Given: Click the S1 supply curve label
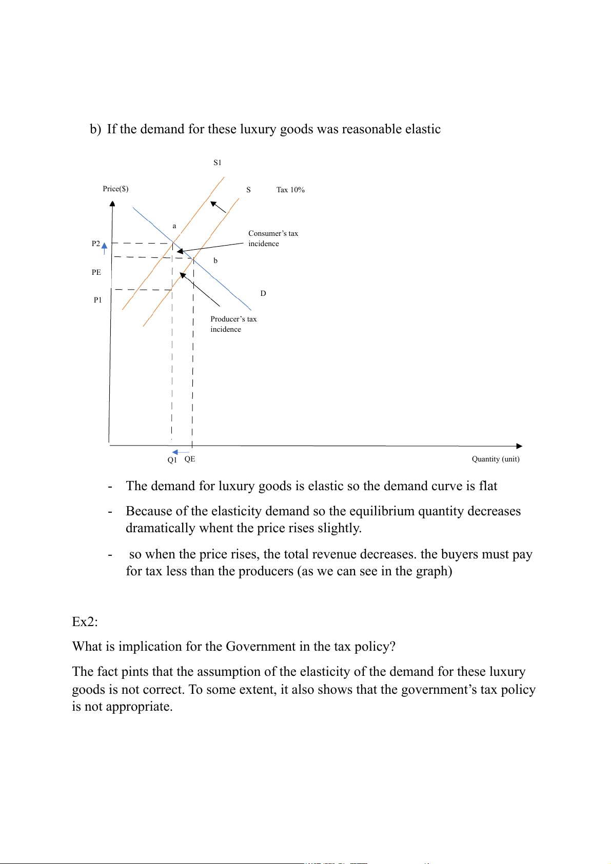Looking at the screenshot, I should click(218, 163).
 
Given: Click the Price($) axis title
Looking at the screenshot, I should click(115, 189).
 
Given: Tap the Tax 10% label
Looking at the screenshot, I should click(290, 190).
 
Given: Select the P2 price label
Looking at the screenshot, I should click(96, 244).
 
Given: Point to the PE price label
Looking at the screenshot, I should click(96, 272).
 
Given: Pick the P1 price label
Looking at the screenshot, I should click(97, 300).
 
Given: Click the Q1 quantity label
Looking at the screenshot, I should click(172, 460).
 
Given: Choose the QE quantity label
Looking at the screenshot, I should click(190, 459).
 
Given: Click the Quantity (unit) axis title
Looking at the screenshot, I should click(496, 459).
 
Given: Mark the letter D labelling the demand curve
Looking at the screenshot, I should click(263, 293).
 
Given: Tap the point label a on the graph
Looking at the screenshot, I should click(174, 226).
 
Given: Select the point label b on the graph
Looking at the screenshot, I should click(215, 260).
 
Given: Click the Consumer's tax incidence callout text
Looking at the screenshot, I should click(273, 238).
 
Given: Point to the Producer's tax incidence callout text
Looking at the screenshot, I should click(233, 324).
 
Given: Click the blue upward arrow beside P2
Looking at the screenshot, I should click(105, 248).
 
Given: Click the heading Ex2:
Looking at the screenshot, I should click(85, 621).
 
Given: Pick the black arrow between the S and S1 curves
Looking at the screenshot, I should click(219, 207).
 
